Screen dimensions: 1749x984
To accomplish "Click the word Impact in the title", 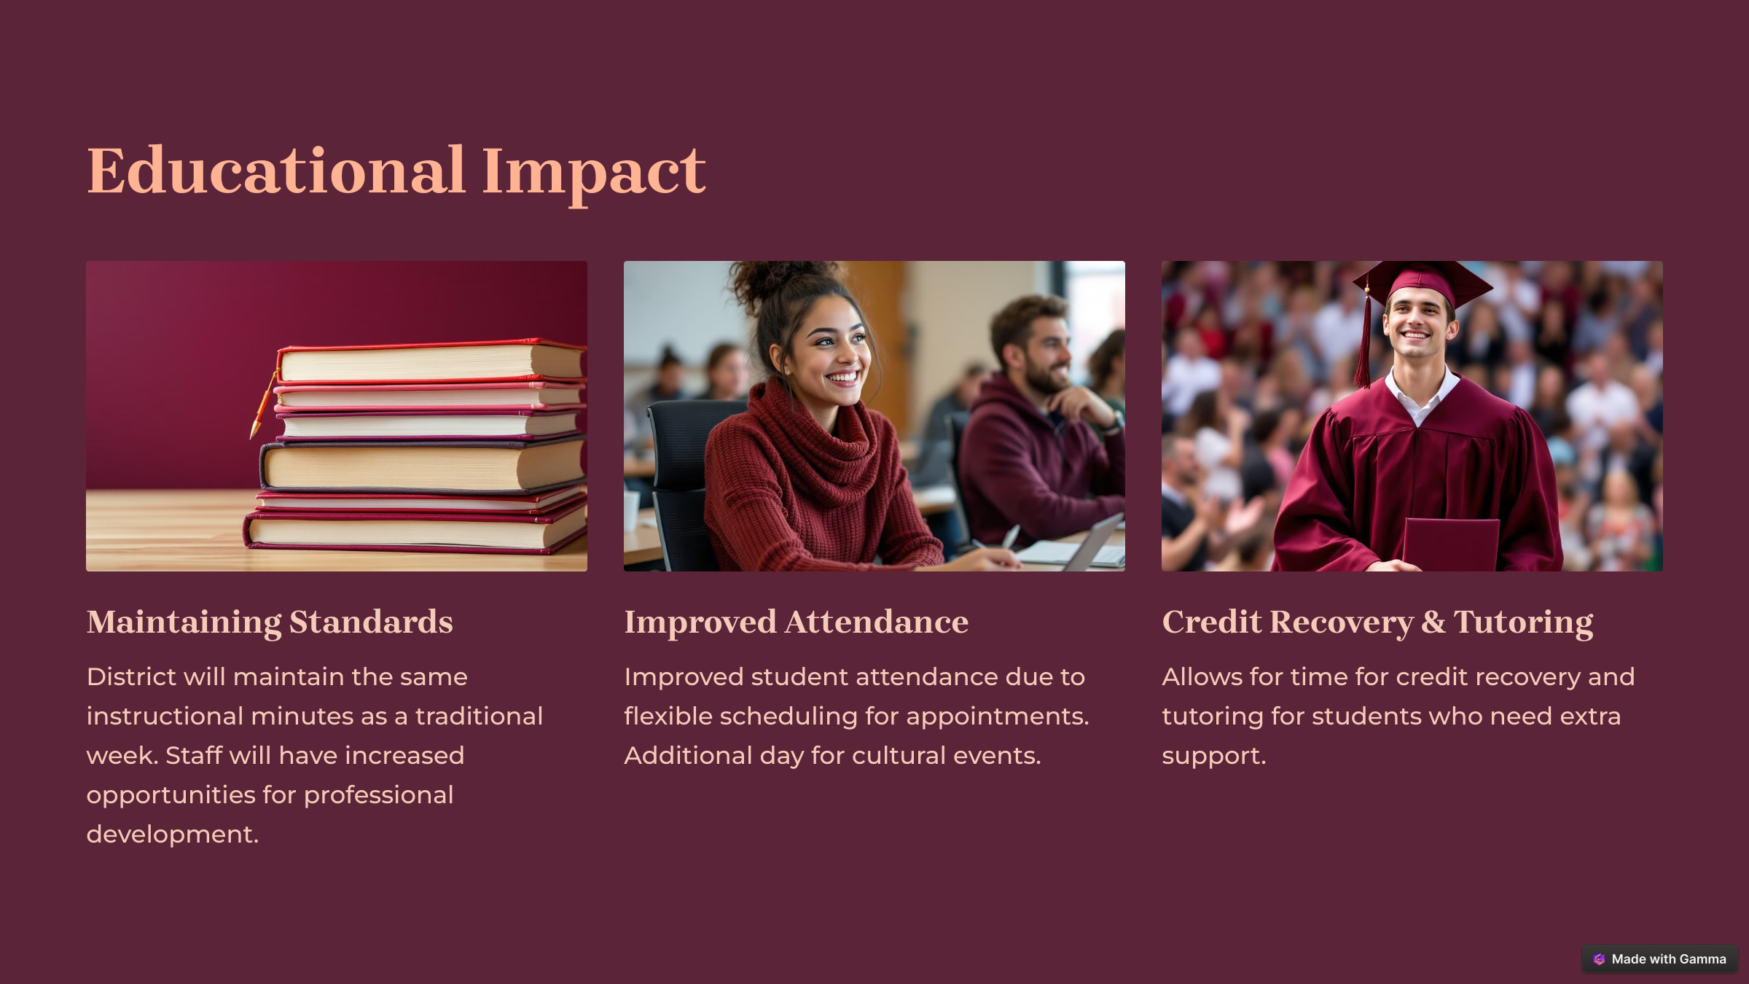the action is tap(593, 175).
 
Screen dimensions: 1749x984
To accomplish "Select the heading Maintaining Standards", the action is tap(270, 622).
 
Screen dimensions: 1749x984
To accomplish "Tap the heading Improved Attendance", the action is tap(796, 622).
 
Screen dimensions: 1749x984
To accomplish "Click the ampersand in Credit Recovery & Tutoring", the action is tap(1433, 622).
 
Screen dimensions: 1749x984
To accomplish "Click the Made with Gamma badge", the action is tap(1659, 958).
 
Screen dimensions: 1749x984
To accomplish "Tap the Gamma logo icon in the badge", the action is tap(1599, 959).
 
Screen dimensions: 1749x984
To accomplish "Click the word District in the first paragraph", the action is tap(131, 676).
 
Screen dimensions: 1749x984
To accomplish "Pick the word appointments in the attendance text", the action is tap(993, 717).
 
